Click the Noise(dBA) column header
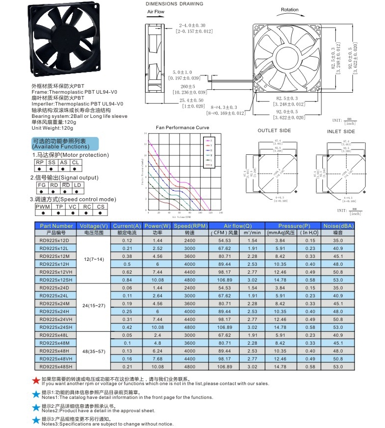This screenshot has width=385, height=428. coord(338,225)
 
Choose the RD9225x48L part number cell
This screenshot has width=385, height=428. coord(55,335)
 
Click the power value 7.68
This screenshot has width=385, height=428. coord(157,358)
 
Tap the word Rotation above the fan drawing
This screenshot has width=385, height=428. coord(290,9)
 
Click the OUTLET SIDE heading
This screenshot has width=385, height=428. coord(274,131)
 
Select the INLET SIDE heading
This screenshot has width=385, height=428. coord(341,132)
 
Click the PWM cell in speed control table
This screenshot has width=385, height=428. coord(43,207)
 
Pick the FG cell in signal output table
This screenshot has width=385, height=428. coord(41,185)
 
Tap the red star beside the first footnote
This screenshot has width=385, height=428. coord(35,381)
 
